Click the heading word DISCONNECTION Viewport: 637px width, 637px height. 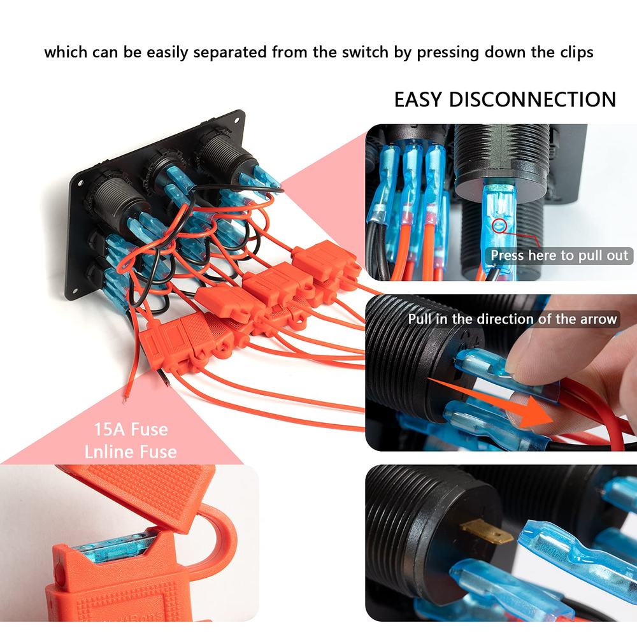click(x=533, y=99)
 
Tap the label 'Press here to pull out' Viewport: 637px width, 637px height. click(x=559, y=255)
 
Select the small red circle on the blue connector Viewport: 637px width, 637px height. click(x=499, y=226)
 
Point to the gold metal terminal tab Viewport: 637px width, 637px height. click(x=486, y=533)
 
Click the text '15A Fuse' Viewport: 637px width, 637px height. click(x=131, y=429)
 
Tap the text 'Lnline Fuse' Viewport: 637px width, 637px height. click(x=131, y=452)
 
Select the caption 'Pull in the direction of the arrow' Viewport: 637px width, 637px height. click(x=512, y=319)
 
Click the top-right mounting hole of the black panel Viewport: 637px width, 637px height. click(x=236, y=120)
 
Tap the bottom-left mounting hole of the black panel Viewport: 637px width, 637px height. click(x=75, y=291)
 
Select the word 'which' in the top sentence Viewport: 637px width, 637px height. click(x=66, y=52)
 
